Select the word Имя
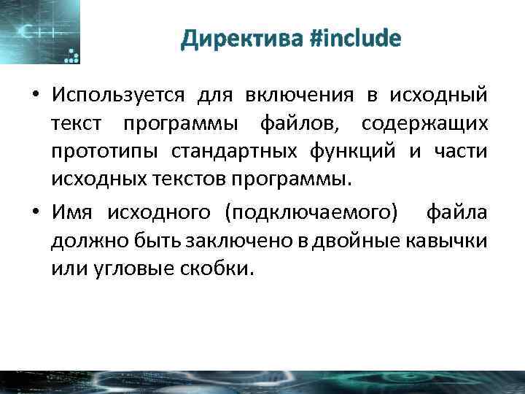[x=72, y=212]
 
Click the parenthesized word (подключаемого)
[x=313, y=212]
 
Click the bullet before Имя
[x=34, y=213]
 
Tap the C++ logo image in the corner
[x=40, y=32]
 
